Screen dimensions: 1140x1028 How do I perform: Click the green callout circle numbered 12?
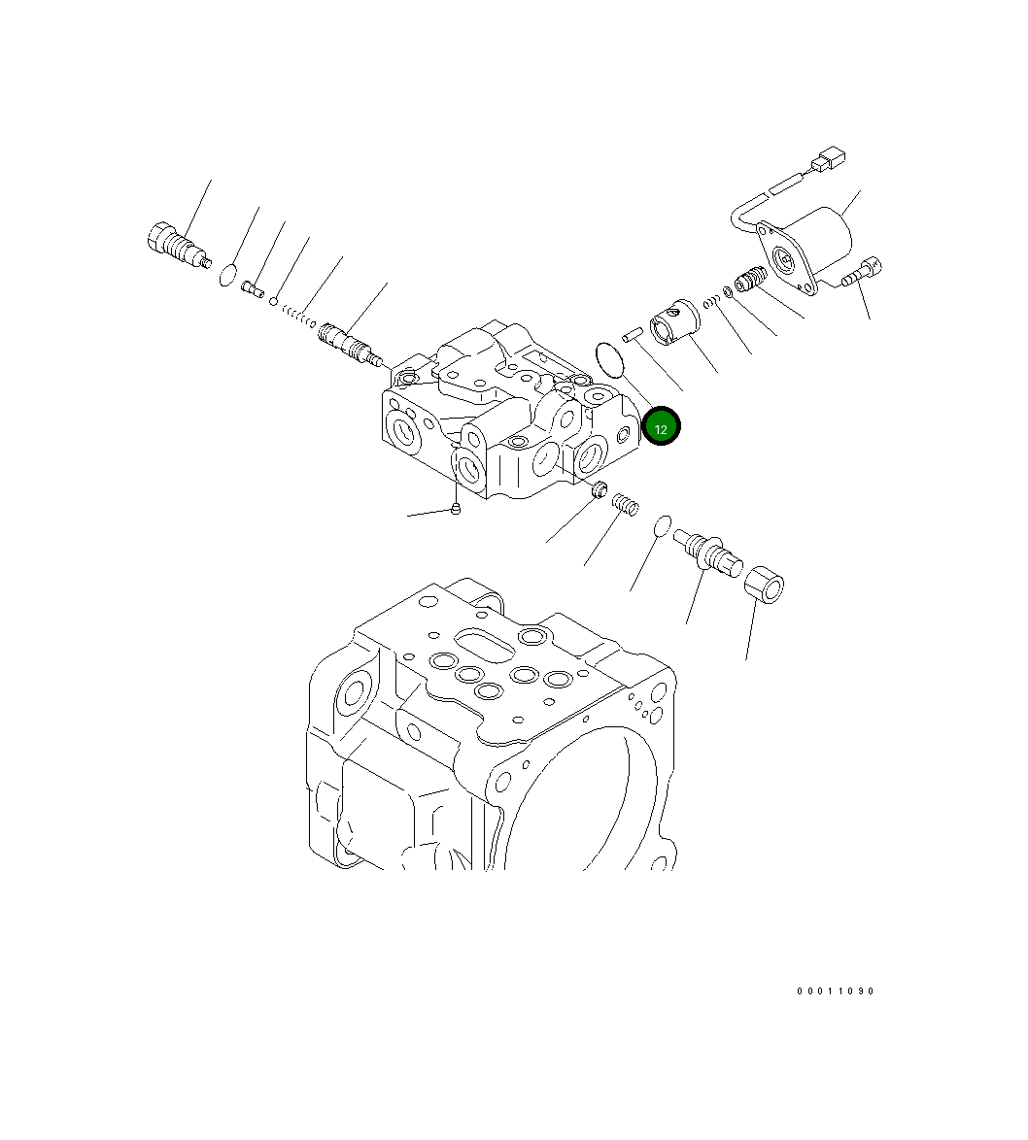point(662,426)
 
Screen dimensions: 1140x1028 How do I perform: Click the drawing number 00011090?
point(836,991)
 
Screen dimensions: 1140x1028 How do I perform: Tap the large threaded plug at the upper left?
point(177,243)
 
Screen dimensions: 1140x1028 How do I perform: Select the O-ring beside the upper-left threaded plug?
point(227,274)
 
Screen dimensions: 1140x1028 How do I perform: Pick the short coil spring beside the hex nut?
point(627,505)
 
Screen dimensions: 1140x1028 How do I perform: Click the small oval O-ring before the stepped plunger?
point(663,525)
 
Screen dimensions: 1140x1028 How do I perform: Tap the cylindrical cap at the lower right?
point(765,586)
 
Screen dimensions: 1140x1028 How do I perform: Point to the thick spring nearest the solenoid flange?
point(746,281)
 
